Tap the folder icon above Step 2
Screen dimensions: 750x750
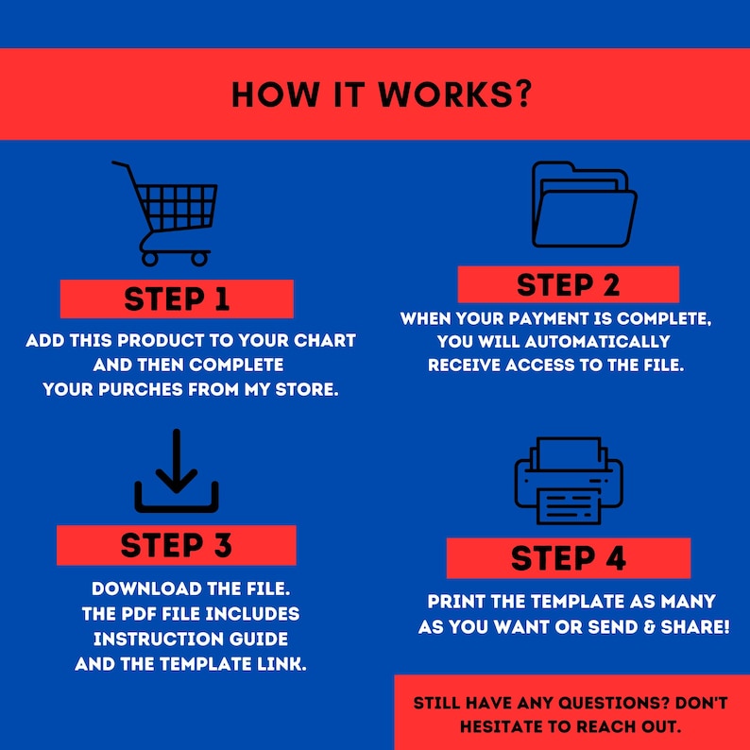584,204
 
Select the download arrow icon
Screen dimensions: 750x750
177,470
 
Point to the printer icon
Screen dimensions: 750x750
569,480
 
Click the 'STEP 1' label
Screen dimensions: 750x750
177,299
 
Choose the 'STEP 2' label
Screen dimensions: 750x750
569,285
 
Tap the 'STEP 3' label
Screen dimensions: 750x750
177,545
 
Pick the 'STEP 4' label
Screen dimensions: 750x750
569,558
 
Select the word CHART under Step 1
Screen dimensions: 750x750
325,341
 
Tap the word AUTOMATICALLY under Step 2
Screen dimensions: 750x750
597,342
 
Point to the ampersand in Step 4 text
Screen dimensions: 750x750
650,627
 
